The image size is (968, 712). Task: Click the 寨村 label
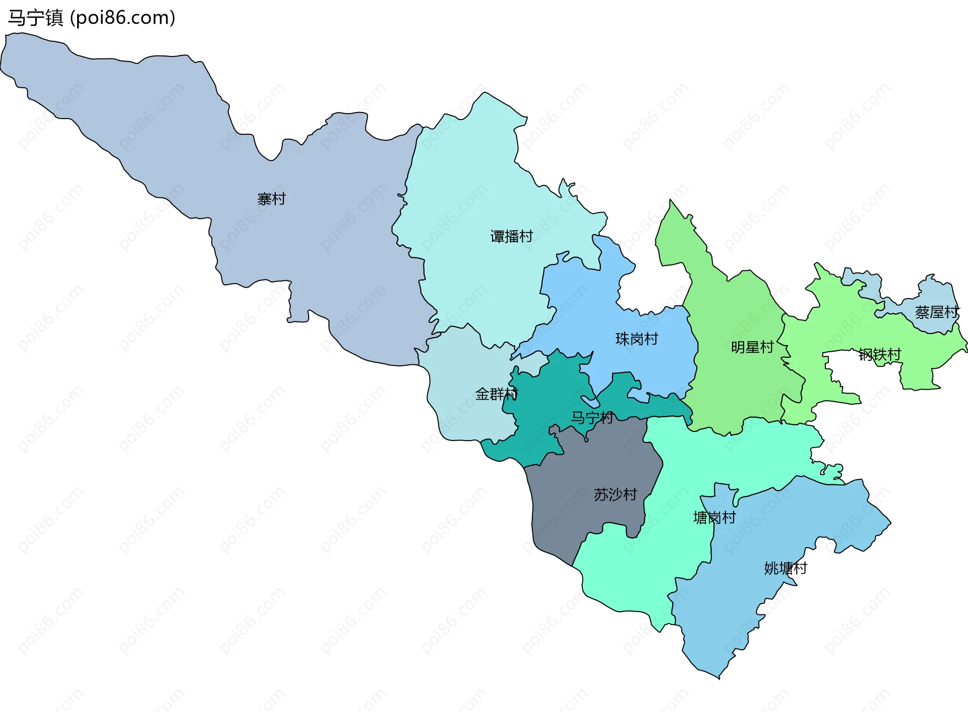click(x=271, y=199)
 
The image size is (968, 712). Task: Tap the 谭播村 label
click(x=511, y=236)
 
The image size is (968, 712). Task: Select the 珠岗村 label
click(x=637, y=339)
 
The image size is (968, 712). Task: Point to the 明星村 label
click(x=752, y=347)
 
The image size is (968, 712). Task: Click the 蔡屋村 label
click(x=936, y=312)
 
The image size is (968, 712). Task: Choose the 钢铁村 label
click(x=879, y=354)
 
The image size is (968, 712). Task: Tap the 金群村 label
click(x=496, y=394)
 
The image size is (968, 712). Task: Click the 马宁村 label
click(x=591, y=417)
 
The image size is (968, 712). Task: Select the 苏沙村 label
click(x=615, y=494)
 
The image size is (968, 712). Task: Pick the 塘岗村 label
click(x=714, y=517)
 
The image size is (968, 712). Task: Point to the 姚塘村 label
click(x=785, y=568)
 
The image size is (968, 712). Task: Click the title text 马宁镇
click(x=35, y=18)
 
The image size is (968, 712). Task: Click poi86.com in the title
click(x=123, y=18)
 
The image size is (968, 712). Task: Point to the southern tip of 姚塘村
click(x=718, y=677)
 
